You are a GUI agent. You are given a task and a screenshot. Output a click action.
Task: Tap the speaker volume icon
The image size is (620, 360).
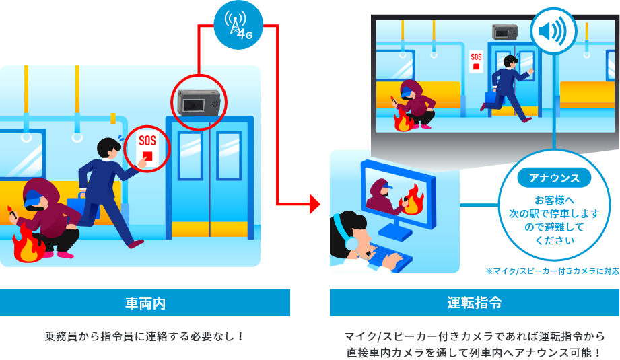[x=553, y=32]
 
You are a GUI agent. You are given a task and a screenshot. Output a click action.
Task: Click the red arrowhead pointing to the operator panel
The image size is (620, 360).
[x=314, y=203]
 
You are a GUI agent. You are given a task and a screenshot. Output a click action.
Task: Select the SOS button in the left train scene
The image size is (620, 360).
[x=146, y=147]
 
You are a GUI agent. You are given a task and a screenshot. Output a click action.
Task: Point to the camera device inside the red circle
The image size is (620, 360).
[x=198, y=104]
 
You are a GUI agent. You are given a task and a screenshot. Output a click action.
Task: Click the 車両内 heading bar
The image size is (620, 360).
[x=145, y=303]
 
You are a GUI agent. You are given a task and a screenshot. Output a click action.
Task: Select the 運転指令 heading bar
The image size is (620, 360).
[x=474, y=303]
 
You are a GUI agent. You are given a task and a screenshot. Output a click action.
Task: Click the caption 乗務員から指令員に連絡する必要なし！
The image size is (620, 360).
[x=144, y=335]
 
